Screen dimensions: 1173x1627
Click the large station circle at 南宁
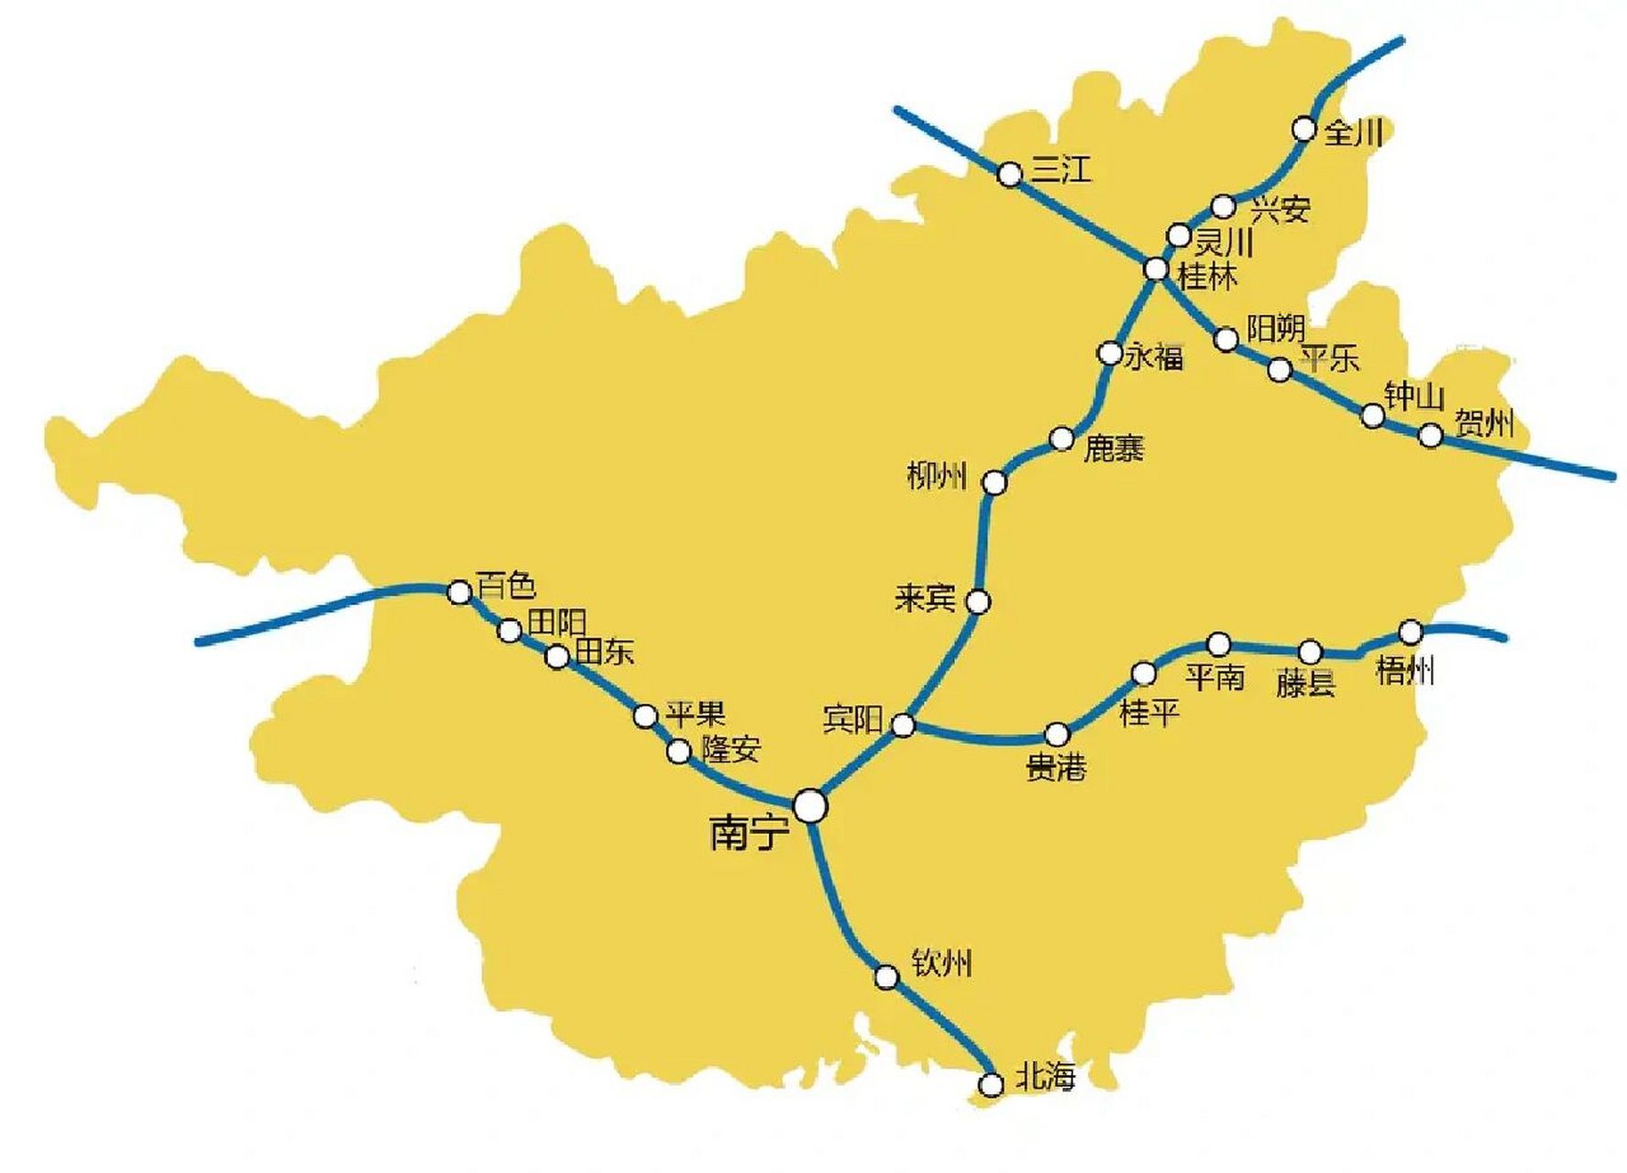point(810,806)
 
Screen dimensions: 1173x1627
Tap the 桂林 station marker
point(1157,269)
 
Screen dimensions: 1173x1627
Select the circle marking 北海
point(991,1085)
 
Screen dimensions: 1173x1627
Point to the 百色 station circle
point(459,592)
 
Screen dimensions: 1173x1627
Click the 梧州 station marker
point(1411,631)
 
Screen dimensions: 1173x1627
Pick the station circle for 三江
point(1009,174)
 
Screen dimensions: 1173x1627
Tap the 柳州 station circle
point(995,482)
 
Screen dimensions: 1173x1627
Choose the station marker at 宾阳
point(903,726)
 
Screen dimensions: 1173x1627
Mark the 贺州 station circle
point(1431,435)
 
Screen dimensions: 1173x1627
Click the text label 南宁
point(749,833)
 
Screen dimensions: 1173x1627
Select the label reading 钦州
point(941,963)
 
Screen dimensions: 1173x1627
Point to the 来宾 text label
point(925,599)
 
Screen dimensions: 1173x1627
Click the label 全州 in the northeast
point(1353,132)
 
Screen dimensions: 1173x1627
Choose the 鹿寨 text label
point(1114,448)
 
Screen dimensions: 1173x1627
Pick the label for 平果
point(695,713)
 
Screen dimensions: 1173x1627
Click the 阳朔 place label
point(1276,328)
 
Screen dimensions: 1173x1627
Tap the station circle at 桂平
point(1144,674)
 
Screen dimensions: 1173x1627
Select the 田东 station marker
point(557,656)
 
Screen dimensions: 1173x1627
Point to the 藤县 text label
point(1305,683)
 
